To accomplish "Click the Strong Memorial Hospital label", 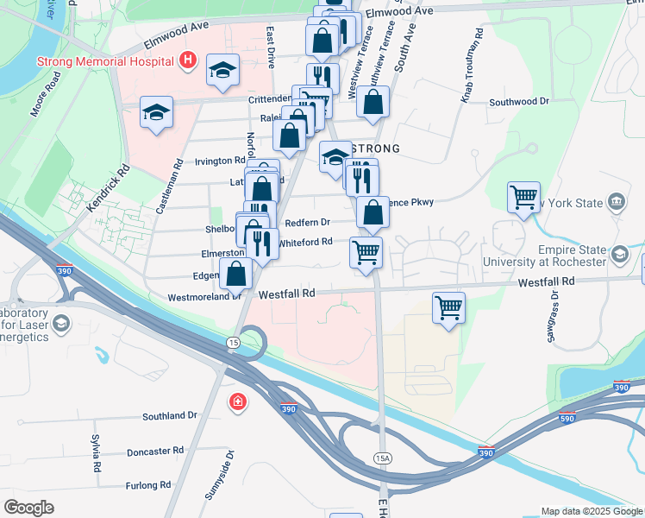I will coord(106,61).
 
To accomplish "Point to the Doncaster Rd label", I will coord(154,451).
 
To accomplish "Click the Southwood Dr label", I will coord(518,102).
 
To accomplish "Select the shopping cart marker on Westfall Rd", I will coord(448,308).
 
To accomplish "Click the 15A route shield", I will coord(383,457).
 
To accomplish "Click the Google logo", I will coord(28,508).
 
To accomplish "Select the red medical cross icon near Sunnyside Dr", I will coord(236,402).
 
